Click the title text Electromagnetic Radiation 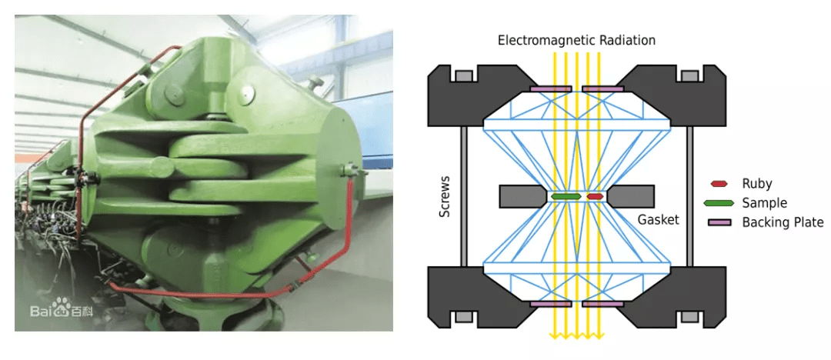(576, 40)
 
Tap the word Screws (446, 197)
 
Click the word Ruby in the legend (757, 183)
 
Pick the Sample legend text (765, 202)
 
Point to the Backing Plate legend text (783, 222)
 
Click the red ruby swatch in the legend (718, 184)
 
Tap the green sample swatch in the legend (718, 203)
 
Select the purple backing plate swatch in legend (718, 222)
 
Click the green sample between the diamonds (566, 197)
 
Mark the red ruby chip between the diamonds (595, 197)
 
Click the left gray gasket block (523, 196)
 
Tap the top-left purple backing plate (551, 88)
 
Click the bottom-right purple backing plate (602, 305)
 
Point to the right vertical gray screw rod (690, 196)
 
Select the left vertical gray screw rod (463, 196)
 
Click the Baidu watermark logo (61, 309)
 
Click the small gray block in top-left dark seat (463, 76)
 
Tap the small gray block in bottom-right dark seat (689, 317)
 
